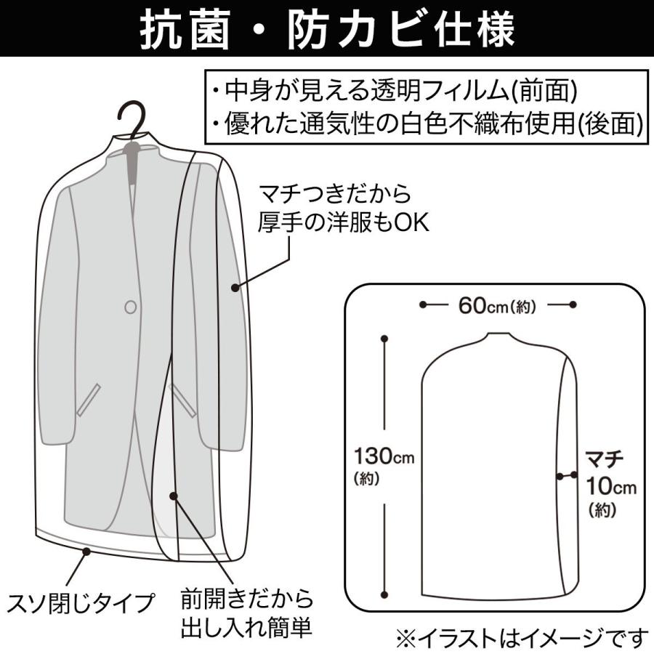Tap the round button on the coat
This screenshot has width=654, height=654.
pos(131,307)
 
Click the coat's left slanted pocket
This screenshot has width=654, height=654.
pos(89,400)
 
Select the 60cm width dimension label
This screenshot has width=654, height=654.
pos(497,305)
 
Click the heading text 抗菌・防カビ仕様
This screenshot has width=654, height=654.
pos(327,31)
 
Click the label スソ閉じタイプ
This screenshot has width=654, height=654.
pos(82,602)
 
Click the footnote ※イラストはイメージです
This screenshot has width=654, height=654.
pos(521,637)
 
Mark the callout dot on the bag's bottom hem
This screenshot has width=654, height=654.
pos(87,552)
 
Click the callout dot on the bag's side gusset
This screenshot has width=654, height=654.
pos(235,288)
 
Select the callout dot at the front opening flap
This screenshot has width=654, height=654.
pos(174,496)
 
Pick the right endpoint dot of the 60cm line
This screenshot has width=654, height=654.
pos(573,304)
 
